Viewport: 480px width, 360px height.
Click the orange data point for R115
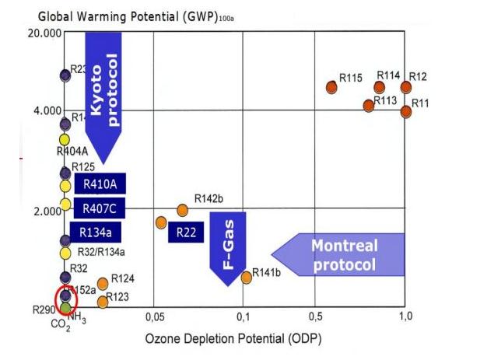(332, 87)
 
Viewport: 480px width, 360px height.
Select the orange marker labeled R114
(380, 87)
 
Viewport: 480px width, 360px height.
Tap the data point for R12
(406, 87)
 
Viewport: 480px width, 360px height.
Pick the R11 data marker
(406, 111)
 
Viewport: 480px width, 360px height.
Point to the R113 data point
(369, 105)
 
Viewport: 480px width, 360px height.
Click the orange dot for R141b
(247, 277)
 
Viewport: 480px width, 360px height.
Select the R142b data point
(183, 210)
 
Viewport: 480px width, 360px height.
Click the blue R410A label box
(99, 184)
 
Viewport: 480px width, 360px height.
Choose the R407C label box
(99, 208)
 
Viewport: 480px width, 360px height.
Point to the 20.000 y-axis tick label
(44, 33)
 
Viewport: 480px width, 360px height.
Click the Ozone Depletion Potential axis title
(233, 339)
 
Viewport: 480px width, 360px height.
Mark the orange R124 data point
(103, 284)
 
